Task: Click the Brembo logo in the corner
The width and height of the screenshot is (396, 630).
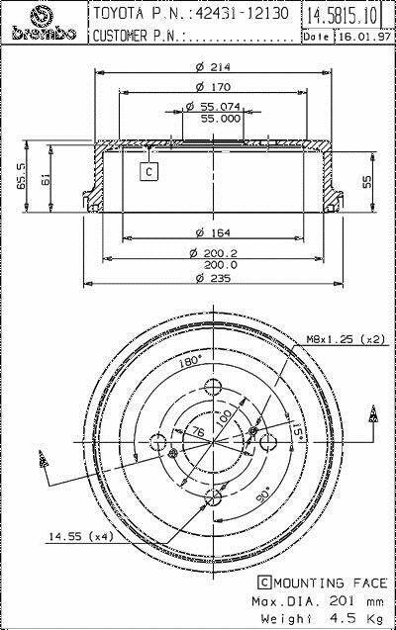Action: (x=44, y=24)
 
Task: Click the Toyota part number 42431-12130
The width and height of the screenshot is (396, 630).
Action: (x=242, y=14)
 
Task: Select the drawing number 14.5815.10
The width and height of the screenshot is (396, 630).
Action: (x=343, y=16)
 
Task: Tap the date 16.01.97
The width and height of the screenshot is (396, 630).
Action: (x=364, y=37)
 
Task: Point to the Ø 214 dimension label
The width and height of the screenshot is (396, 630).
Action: (x=213, y=66)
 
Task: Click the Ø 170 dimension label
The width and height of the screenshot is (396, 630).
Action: (x=213, y=86)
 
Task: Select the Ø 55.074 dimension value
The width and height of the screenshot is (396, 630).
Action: (x=213, y=107)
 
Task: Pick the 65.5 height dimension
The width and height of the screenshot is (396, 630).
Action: (x=21, y=176)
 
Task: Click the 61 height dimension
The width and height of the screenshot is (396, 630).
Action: (x=45, y=179)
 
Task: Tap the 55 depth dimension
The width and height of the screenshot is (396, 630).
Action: (x=367, y=182)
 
